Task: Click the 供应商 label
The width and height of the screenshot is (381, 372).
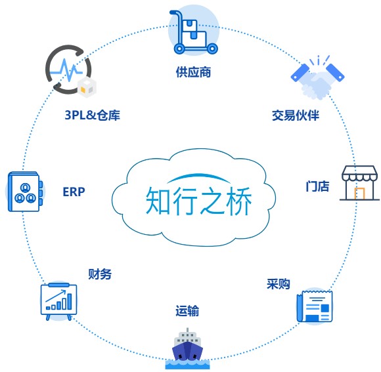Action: tap(193, 72)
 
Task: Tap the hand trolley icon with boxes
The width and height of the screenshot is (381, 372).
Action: tap(194, 32)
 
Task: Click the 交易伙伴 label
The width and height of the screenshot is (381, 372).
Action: tap(295, 115)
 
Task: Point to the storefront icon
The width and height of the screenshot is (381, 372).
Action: tap(359, 183)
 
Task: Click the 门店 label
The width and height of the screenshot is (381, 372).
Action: tap(317, 186)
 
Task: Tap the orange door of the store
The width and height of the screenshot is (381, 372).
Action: tap(359, 193)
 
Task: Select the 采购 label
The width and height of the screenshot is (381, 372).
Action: tap(279, 283)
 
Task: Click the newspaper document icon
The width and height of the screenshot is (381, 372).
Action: tap(315, 306)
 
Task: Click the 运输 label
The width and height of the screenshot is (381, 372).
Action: tap(187, 310)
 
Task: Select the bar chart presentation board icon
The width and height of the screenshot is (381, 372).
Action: tap(59, 301)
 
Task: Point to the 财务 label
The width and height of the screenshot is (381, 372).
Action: tap(100, 274)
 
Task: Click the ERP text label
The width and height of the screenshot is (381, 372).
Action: tap(74, 192)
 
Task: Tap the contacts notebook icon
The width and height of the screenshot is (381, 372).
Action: tap(25, 192)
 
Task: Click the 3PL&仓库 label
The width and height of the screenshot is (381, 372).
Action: tap(93, 115)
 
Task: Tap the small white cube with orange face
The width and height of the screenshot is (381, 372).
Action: tap(87, 87)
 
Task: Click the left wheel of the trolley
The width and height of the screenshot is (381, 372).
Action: tap(179, 49)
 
